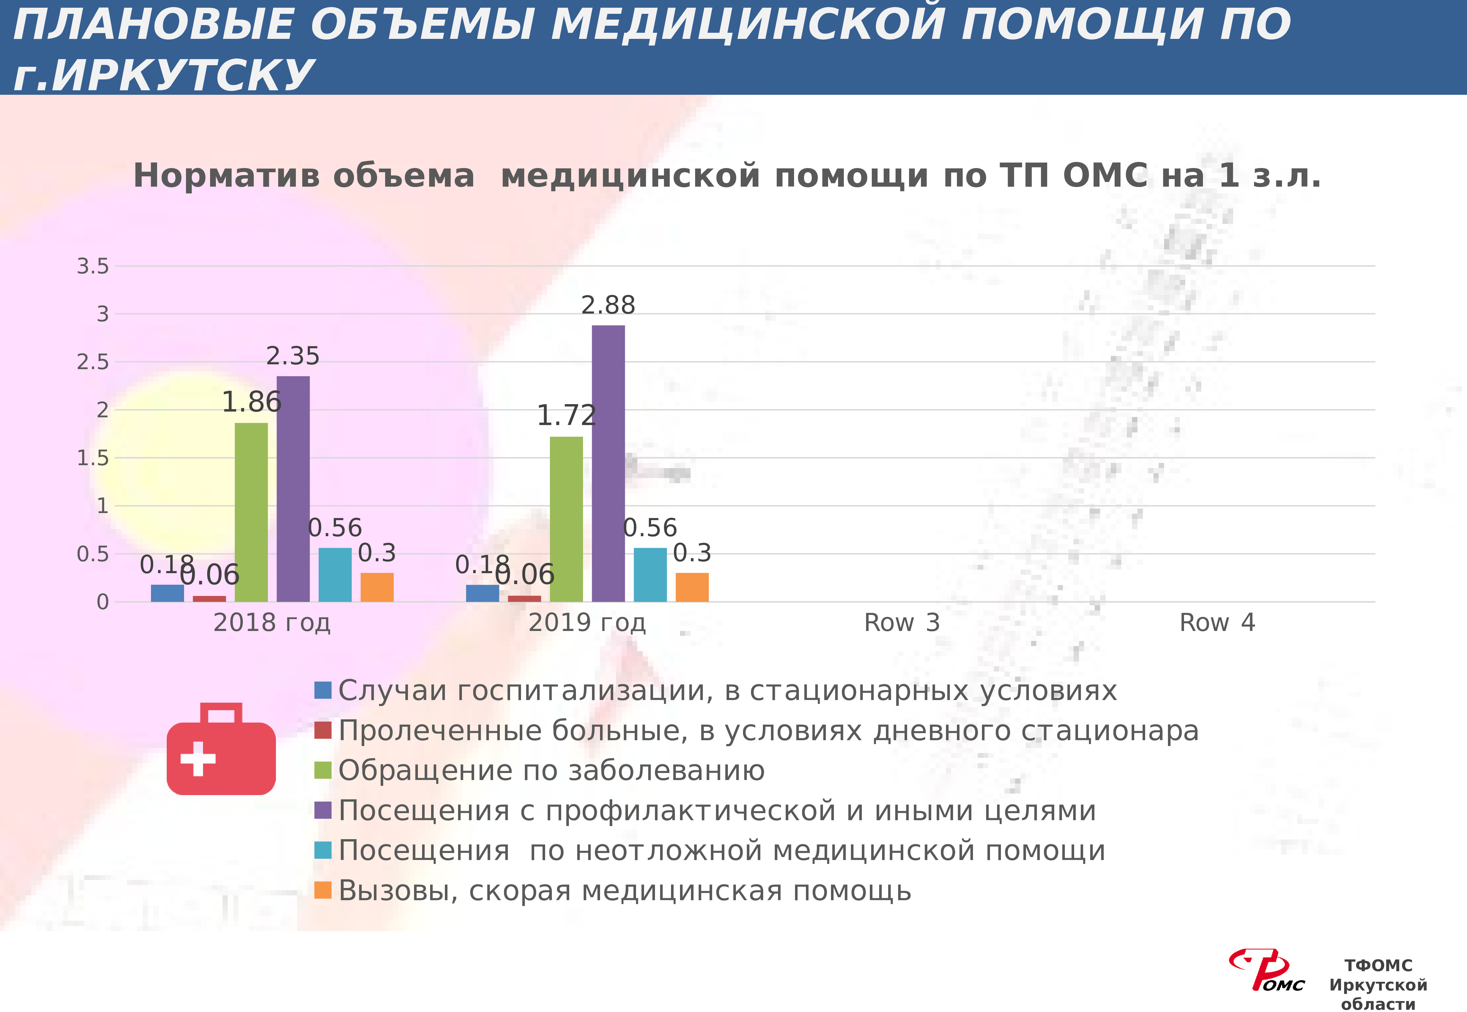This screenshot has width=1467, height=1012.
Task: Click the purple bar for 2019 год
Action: pos(608,463)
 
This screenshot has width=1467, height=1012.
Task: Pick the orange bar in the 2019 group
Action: pos(692,587)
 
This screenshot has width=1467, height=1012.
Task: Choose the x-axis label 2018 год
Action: pos(272,623)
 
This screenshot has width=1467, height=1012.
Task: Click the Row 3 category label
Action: pos(902,623)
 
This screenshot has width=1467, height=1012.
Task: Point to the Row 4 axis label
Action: pos(1216,623)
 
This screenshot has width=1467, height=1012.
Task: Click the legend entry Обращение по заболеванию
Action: pos(552,770)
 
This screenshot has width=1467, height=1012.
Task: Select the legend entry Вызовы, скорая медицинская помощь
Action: pos(624,891)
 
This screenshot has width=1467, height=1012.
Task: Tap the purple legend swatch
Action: pos(323,810)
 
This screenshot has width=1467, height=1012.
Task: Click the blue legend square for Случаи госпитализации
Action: pos(323,690)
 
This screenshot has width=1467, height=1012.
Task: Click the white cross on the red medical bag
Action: pos(198,759)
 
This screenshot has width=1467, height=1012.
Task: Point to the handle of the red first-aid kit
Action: pos(221,713)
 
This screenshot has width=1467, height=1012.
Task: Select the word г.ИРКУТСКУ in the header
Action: pos(163,75)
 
